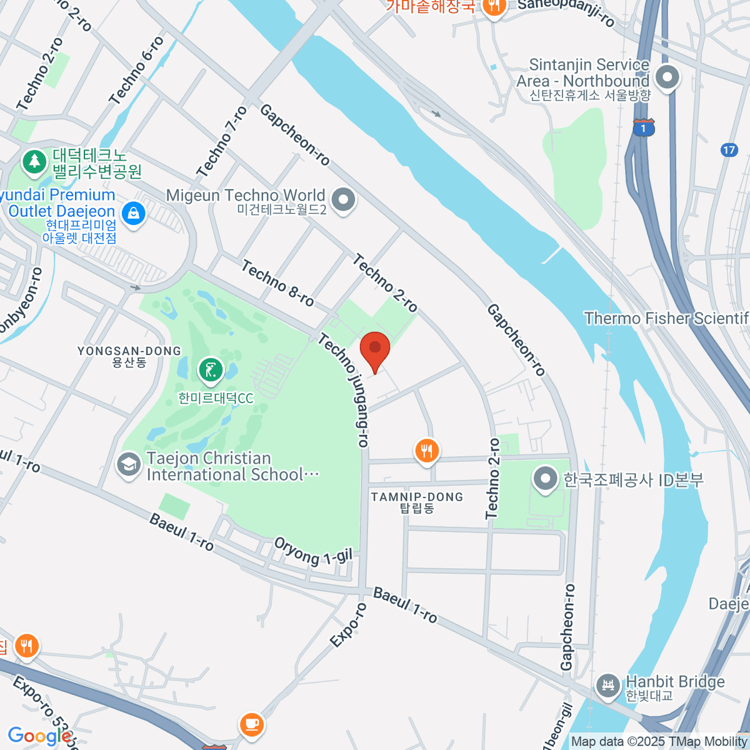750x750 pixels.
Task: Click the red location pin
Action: (x=375, y=350)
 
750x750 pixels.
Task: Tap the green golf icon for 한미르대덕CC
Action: (x=211, y=371)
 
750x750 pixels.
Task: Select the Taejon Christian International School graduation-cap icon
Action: (x=129, y=466)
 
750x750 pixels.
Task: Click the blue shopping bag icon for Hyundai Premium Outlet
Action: (x=133, y=214)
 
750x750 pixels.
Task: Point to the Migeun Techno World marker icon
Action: (x=342, y=201)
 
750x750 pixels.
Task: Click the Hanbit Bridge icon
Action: (x=607, y=686)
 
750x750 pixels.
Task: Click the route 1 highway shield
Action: (x=643, y=128)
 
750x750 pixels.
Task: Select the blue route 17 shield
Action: (x=729, y=150)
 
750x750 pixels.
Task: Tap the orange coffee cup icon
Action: (x=251, y=724)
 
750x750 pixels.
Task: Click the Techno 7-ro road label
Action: (x=221, y=142)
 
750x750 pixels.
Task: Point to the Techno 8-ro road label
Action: (x=277, y=284)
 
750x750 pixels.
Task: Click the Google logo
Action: (x=39, y=736)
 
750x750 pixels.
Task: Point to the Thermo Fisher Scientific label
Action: (x=666, y=319)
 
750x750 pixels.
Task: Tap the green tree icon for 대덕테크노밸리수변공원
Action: (x=35, y=162)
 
